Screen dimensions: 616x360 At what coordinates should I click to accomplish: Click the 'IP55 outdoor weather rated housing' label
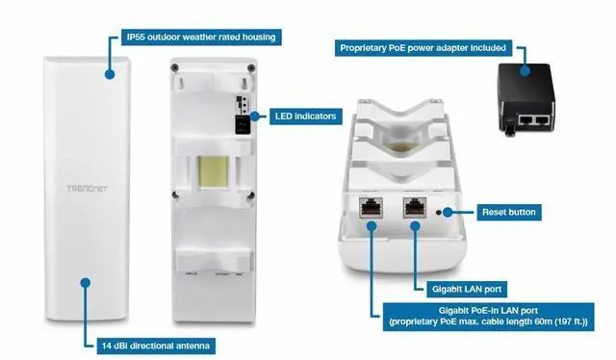201,38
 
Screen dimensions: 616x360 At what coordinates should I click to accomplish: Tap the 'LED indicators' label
304,116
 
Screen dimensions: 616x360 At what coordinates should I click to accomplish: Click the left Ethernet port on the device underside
372,209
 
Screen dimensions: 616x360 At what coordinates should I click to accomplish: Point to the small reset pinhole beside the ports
441,211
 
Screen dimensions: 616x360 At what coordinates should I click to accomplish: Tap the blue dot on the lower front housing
86,283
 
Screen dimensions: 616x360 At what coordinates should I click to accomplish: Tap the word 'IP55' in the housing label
138,38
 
